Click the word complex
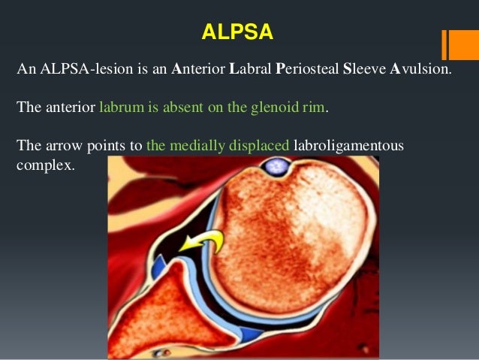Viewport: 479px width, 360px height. [44, 165]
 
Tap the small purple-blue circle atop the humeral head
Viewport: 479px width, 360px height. [279, 164]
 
